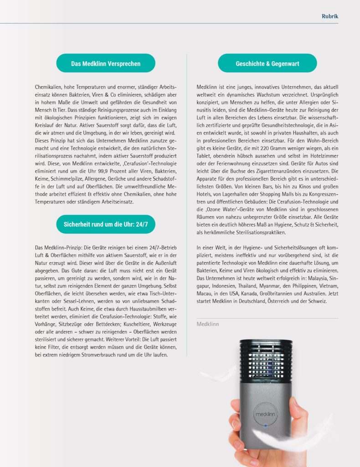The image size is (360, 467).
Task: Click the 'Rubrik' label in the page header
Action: pyautogui.click(x=330, y=16)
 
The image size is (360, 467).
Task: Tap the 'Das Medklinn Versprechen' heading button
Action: pyautogui.click(x=106, y=63)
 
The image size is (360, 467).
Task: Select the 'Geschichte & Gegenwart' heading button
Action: pyautogui.click(x=267, y=63)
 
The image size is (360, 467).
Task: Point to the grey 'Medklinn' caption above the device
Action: pyautogui.click(x=208, y=324)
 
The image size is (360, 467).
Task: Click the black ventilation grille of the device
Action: pyautogui.click(x=265, y=361)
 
